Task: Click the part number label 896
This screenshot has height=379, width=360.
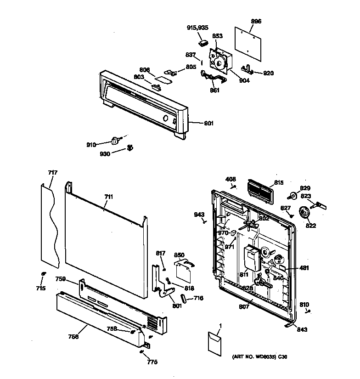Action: (x=256, y=21)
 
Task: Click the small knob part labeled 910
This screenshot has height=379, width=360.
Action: (x=116, y=140)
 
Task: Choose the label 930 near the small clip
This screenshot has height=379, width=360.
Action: (x=105, y=154)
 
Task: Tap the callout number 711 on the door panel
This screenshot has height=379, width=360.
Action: (x=108, y=197)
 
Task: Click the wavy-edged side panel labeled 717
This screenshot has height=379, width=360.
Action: (x=50, y=225)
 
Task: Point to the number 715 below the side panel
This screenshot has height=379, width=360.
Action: (x=41, y=288)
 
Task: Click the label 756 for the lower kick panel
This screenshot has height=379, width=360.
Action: (x=73, y=337)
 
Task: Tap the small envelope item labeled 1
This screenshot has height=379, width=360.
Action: (x=214, y=342)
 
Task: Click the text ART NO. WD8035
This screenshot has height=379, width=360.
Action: (x=253, y=356)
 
